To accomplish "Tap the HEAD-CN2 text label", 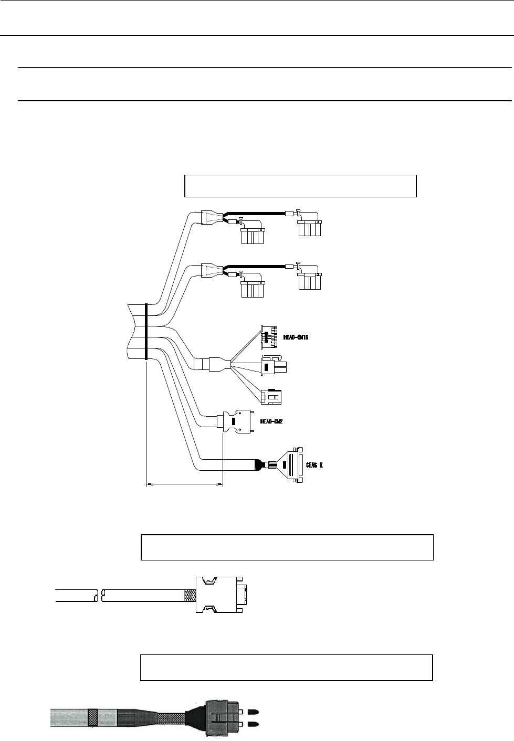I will tap(271, 421).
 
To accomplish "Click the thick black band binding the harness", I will tap(145, 332).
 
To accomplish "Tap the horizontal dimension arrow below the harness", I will tap(184, 485).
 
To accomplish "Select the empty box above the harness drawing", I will tap(300, 186).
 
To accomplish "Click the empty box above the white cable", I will tap(287, 547).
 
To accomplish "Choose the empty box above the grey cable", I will tap(286, 667).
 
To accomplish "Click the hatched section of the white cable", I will tap(190, 595).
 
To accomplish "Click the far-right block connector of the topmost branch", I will tap(310, 228).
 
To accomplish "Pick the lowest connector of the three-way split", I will tap(272, 397).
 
